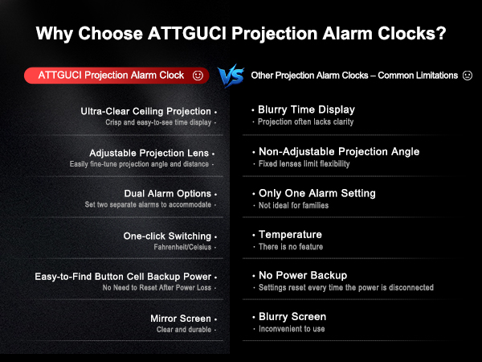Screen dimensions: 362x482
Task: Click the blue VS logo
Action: click(x=231, y=76)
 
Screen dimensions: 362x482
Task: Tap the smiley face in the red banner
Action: click(x=198, y=75)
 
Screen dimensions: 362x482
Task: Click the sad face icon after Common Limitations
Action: click(x=467, y=75)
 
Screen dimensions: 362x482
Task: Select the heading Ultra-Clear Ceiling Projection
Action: click(x=145, y=111)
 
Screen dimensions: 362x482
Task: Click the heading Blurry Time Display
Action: click(x=306, y=109)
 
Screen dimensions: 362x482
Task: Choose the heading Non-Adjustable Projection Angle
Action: click(x=338, y=151)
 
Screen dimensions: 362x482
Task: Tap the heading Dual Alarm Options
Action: click(x=168, y=194)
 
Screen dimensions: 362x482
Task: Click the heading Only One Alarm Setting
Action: click(x=317, y=193)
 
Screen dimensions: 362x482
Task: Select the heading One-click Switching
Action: click(x=167, y=236)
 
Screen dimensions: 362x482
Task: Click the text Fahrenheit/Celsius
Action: click(x=183, y=246)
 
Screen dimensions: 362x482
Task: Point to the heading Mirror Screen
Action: click(x=181, y=319)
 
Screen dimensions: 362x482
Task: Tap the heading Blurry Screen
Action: click(x=292, y=316)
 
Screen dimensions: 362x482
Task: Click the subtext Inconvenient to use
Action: click(x=292, y=328)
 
